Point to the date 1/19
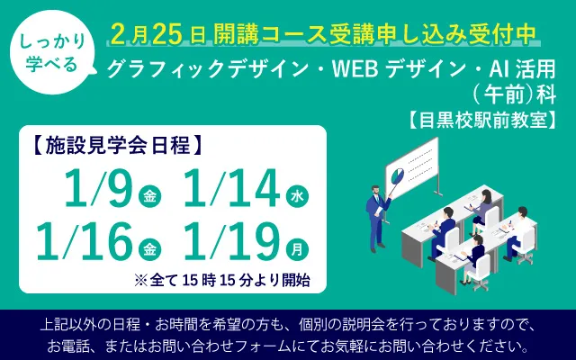coord(229,240)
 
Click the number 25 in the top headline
coord(169,34)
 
